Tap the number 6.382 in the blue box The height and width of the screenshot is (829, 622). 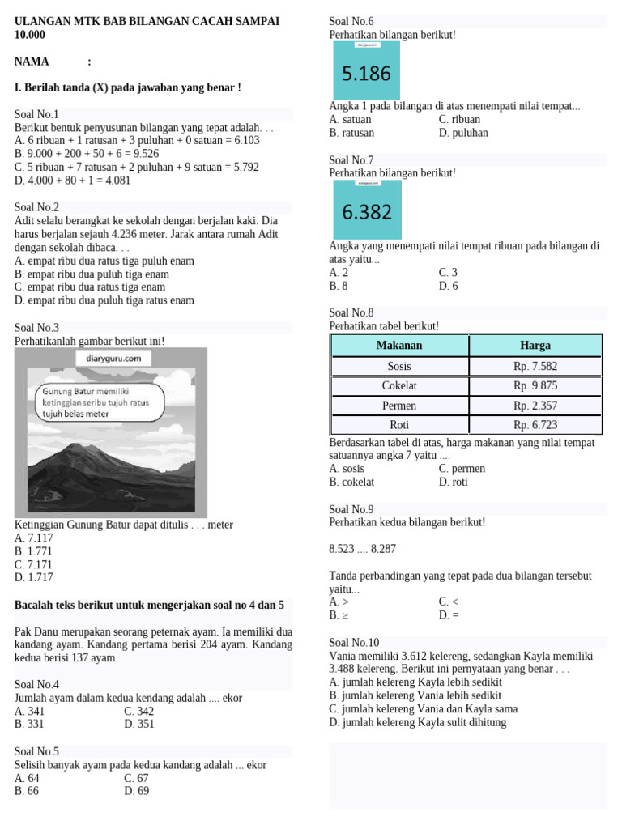(x=366, y=213)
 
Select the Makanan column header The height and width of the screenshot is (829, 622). (x=399, y=346)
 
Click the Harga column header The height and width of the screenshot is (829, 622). (x=535, y=346)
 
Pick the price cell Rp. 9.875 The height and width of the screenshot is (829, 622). (x=535, y=385)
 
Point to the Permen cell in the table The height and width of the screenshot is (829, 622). (x=399, y=405)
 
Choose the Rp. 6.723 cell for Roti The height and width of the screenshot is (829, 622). (x=535, y=424)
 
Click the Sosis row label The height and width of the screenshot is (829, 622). (x=399, y=366)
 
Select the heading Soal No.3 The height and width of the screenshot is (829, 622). (x=37, y=328)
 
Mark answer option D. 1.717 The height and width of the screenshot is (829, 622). (x=34, y=577)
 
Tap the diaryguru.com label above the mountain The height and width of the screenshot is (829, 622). (x=113, y=358)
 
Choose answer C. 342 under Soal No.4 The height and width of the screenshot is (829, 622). (x=139, y=711)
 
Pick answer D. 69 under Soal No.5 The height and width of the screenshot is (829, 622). (x=137, y=791)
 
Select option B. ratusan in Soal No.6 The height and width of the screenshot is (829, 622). (x=352, y=133)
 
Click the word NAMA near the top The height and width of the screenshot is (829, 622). (x=32, y=62)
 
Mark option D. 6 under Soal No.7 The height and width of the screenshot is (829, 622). (x=449, y=286)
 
